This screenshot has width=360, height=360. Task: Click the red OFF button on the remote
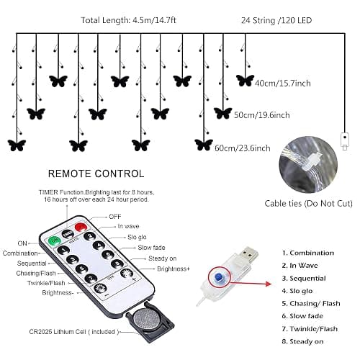coord(81,227)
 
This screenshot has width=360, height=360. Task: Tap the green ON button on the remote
coord(54,240)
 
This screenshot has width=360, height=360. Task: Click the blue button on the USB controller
coord(218,277)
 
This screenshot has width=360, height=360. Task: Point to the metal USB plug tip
coord(250,254)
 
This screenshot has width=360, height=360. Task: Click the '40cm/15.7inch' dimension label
coord(282,84)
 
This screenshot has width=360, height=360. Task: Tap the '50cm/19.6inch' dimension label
coord(262,115)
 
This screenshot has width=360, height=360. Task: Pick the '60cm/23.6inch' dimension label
coord(243,148)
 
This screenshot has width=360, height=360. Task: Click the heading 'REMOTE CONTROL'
coord(96,174)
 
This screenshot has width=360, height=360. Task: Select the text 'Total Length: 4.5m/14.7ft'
coord(128,20)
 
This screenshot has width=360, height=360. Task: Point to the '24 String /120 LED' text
coord(276,20)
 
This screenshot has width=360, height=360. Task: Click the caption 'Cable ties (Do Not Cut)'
coord(308,204)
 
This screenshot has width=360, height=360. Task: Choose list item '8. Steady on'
coord(302,341)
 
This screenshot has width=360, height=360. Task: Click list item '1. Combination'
coord(308,253)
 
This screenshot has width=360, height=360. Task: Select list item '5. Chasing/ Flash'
coord(311,304)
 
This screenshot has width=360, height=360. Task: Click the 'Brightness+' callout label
coord(174,269)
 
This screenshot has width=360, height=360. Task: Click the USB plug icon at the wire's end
coord(345,141)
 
